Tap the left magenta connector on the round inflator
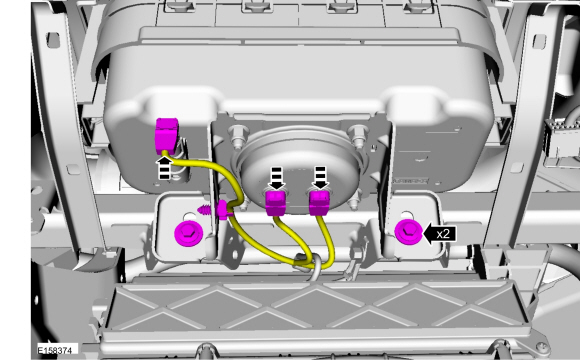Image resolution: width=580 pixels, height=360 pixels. pyautogui.click(x=277, y=203)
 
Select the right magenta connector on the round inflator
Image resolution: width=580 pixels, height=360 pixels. pyautogui.click(x=320, y=203)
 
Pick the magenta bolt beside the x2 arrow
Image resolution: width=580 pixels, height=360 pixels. pyautogui.click(x=407, y=233)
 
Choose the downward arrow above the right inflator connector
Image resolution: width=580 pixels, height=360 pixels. pyautogui.click(x=320, y=177)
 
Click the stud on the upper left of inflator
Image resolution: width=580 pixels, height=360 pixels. pyautogui.click(x=238, y=134)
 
